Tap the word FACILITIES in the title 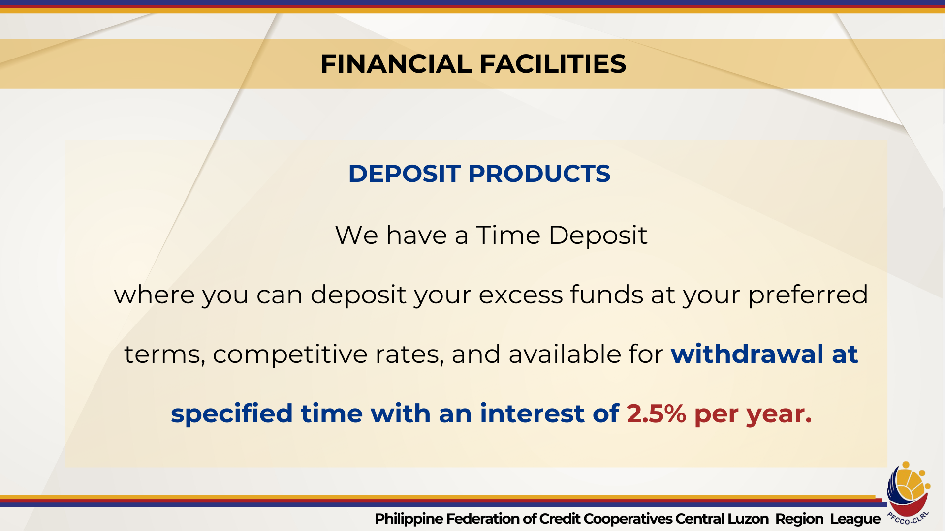click(x=553, y=64)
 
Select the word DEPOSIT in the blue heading click(x=404, y=174)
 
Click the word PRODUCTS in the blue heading click(x=539, y=174)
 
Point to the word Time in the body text click(x=508, y=235)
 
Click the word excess click(x=521, y=295)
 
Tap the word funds click(x=607, y=295)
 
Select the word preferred click(x=808, y=295)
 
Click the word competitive click(x=290, y=354)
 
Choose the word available click(x=565, y=354)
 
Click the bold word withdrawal click(x=747, y=354)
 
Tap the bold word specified click(x=232, y=413)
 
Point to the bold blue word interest click(x=532, y=413)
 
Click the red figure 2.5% click(x=656, y=413)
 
